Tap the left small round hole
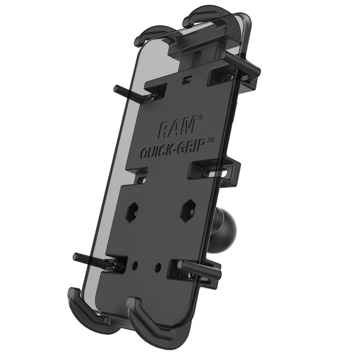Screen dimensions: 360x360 tap(134, 265)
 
